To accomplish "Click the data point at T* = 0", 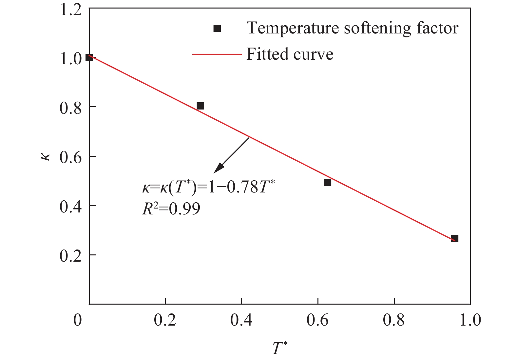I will click(x=89, y=58).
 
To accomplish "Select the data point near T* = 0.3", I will click(x=201, y=106).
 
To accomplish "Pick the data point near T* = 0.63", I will click(x=327, y=183).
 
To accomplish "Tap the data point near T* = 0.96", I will click(x=454, y=238).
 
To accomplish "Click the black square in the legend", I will click(x=217, y=29).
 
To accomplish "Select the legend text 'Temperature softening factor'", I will click(x=352, y=28).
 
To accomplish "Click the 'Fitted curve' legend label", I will click(x=290, y=54).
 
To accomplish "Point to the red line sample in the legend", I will click(x=217, y=54).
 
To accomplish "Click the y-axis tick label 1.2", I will click(x=70, y=10).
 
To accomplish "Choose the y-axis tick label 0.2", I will click(x=70, y=255).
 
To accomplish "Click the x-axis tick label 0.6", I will click(x=318, y=320).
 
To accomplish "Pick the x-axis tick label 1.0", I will click(x=470, y=320).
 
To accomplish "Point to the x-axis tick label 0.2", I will click(x=165, y=320).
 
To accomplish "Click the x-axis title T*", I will click(x=279, y=348).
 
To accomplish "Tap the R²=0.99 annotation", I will click(x=171, y=209).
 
